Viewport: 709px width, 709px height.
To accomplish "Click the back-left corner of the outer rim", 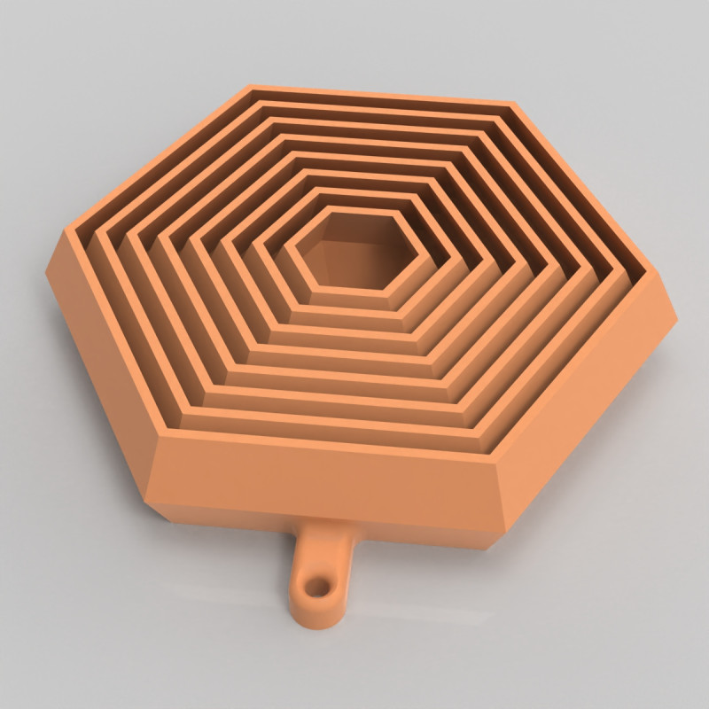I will coord(247,87).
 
